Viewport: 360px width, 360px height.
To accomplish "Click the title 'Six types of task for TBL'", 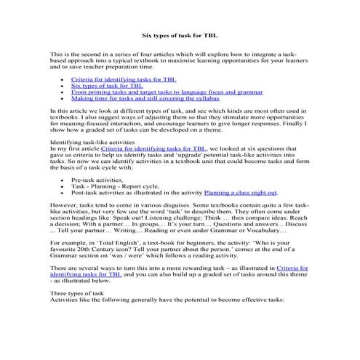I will click(x=179, y=34).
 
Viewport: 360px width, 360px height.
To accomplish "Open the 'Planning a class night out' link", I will click(x=241, y=193).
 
